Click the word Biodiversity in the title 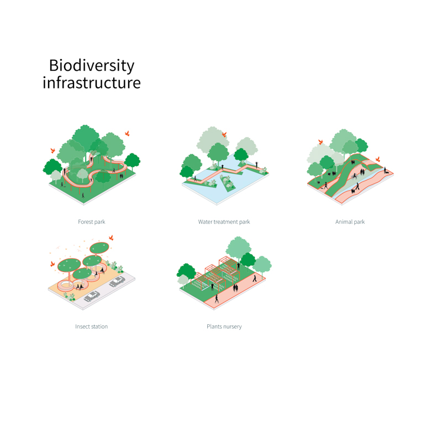tap(92, 66)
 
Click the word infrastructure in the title tap(92, 82)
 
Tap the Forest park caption tap(92, 222)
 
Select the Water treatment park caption tap(224, 222)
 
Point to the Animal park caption tap(350, 222)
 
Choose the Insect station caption tap(91, 327)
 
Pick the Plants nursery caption tap(224, 327)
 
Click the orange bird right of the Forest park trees tap(127, 133)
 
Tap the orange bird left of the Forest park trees tap(52, 150)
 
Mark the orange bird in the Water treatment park tap(224, 135)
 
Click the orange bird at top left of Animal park tap(320, 142)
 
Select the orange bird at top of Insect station tap(112, 238)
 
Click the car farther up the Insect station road tap(117, 281)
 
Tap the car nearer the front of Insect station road tap(92, 296)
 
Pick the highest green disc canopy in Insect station tap(99, 248)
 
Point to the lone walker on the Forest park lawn tap(83, 196)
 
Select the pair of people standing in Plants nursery tap(235, 288)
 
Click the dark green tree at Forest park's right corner tap(133, 162)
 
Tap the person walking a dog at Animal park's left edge tap(325, 186)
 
